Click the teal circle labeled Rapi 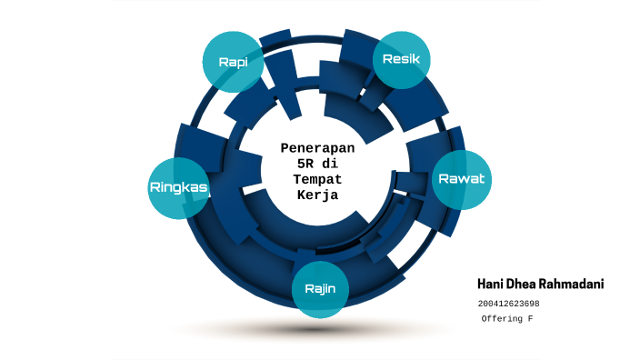[x=233, y=62]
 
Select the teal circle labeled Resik [x=401, y=59]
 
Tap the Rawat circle [x=461, y=178]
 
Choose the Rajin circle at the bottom [x=320, y=289]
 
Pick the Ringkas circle [x=178, y=187]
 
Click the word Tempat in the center [x=317, y=179]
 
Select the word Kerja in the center [x=317, y=195]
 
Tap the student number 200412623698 [x=508, y=304]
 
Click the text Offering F [x=506, y=320]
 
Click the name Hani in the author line [x=492, y=285]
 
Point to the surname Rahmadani [x=574, y=285]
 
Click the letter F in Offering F [x=530, y=320]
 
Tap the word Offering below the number [x=501, y=320]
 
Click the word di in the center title [x=331, y=163]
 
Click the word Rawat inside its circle [x=461, y=178]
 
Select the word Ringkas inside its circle [x=178, y=187]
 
